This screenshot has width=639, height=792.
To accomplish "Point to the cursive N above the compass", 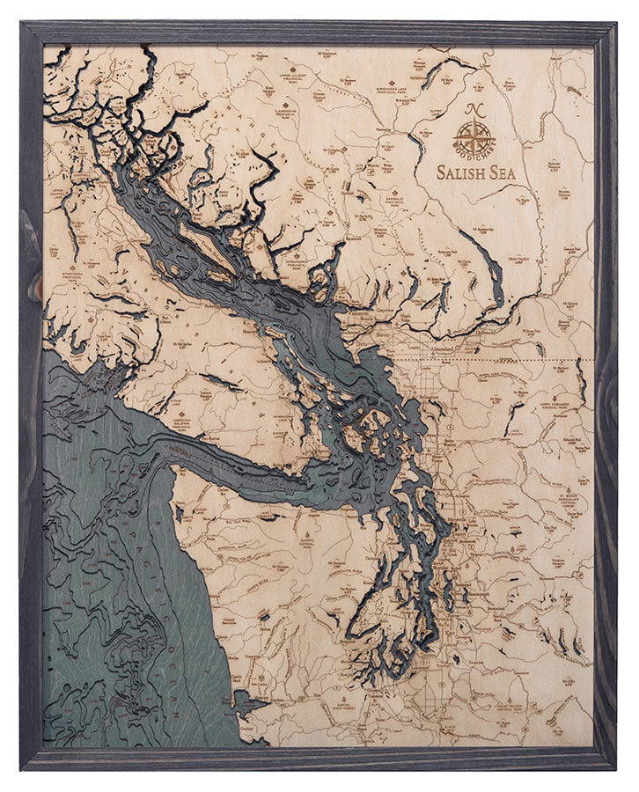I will click(474, 110).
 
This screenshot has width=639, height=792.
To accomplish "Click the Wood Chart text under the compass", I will click(474, 156).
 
